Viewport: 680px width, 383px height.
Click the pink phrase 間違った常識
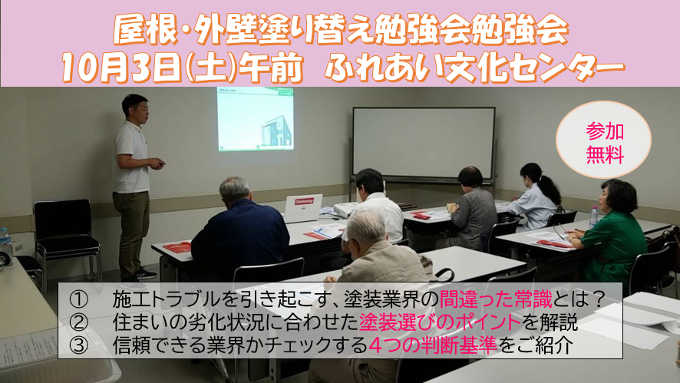tap(495, 299)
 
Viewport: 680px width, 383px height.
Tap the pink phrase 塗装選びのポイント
tap(440, 322)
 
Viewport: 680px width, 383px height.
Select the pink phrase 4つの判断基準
tap(432, 345)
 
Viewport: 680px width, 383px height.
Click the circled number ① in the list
tap(79, 299)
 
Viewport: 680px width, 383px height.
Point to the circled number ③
tap(79, 345)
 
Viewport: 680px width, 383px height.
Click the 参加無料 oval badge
tap(604, 140)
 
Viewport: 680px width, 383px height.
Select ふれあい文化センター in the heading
tap(475, 68)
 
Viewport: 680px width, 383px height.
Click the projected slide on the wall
tap(256, 119)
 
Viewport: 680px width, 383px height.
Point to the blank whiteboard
tap(424, 143)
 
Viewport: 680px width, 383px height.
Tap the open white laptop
tap(303, 208)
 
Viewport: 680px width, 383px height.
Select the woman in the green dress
tap(611, 231)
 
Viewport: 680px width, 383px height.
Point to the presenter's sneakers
tap(139, 278)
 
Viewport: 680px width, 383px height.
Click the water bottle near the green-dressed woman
tap(594, 217)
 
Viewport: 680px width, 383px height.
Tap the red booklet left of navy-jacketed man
tap(177, 247)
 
